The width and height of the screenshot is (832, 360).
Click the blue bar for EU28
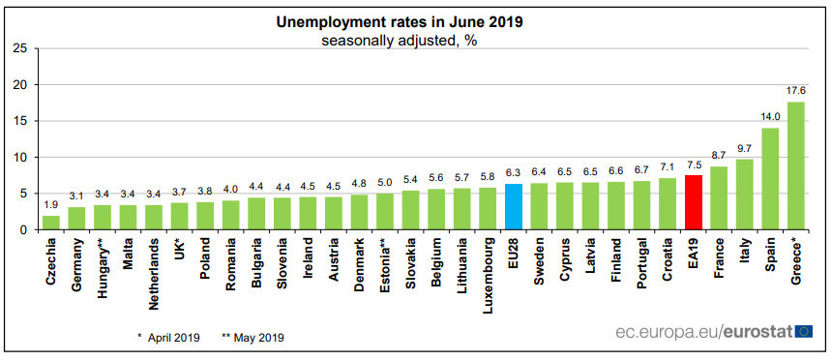pos(514,206)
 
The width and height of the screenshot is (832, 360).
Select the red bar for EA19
pos(693,202)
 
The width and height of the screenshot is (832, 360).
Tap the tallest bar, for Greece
pos(795,165)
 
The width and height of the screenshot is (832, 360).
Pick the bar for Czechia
pos(51,223)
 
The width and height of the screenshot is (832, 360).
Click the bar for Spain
pos(770,179)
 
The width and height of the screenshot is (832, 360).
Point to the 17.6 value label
pos(795,91)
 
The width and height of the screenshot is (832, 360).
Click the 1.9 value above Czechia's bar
pos(51,205)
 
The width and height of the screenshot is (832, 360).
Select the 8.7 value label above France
pos(719,156)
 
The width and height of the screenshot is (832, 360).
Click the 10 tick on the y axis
pos(17,157)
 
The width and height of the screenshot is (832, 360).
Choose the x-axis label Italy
pos(745,253)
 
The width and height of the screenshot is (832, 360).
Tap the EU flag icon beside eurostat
pos(804,332)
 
